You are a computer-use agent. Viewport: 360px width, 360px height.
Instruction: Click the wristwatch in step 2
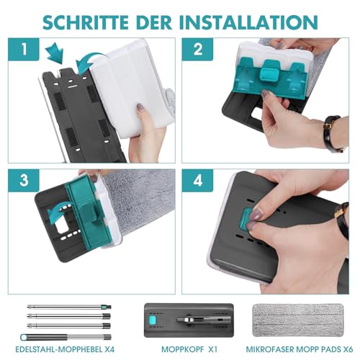point(333,133)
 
